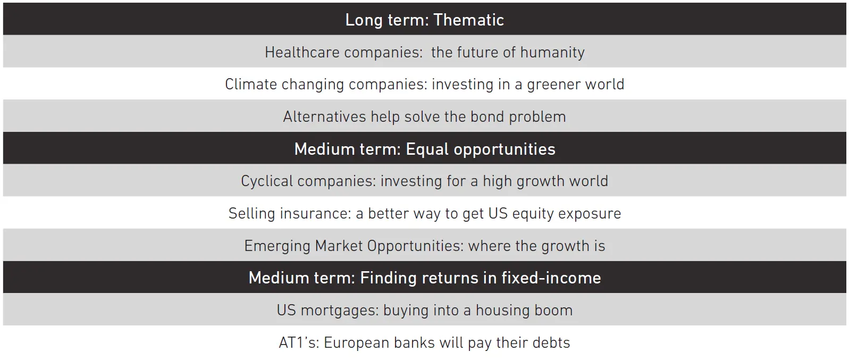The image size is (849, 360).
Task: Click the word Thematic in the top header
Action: coord(468,20)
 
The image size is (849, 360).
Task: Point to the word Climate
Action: coord(251,84)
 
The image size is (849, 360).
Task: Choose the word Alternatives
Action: coord(324,116)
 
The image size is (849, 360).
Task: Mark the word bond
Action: coord(487,116)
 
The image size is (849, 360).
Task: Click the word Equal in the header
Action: coord(427,149)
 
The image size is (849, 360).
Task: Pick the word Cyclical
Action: coord(267,181)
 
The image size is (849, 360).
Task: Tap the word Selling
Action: coord(251,214)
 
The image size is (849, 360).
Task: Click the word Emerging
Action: coord(278,246)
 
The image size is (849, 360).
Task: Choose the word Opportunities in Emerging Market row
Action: coord(415,246)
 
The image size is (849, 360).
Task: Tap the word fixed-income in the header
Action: coord(551,278)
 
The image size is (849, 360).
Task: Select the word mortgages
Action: coord(340,311)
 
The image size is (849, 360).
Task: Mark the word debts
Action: coord(551,343)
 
